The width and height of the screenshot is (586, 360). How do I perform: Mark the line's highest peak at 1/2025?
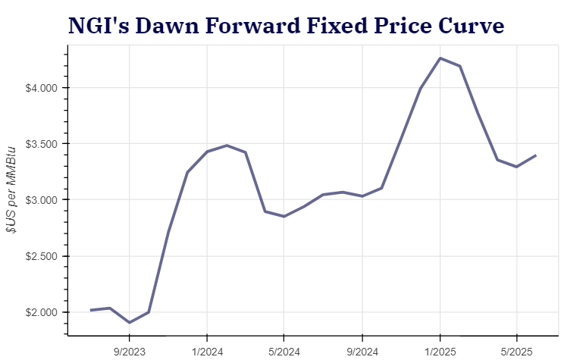click(x=440, y=58)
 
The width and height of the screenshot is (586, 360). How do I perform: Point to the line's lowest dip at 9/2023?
click(x=130, y=322)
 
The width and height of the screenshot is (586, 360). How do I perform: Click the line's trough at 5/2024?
click(x=284, y=216)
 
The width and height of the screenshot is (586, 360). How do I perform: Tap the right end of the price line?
click(x=536, y=155)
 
